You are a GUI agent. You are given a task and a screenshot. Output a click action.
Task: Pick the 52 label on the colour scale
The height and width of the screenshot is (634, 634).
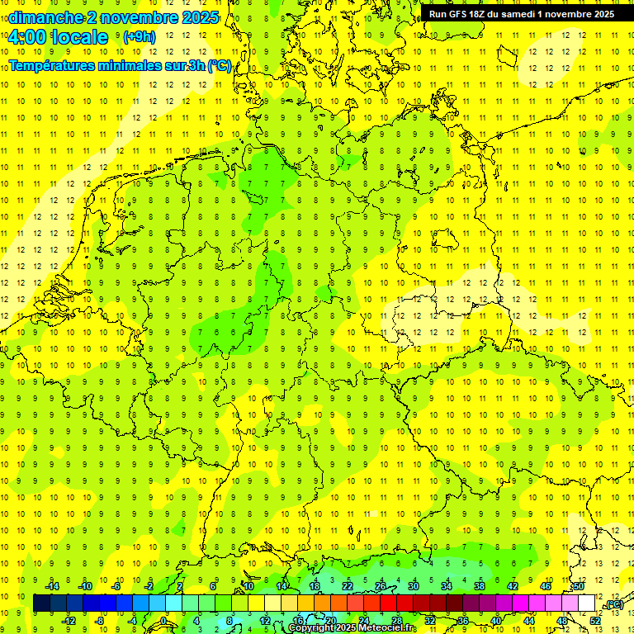(x=595, y=621)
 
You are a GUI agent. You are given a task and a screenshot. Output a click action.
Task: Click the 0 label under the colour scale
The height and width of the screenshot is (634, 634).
(x=163, y=621)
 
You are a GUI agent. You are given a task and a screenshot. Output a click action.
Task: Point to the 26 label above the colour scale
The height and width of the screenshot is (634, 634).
(x=381, y=586)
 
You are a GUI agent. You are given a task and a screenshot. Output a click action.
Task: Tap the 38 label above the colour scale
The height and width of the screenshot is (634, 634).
(x=480, y=586)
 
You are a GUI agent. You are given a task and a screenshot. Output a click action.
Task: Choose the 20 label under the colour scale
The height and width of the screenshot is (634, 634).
(x=330, y=621)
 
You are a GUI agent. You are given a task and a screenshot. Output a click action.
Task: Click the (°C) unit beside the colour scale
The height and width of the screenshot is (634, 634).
(x=613, y=605)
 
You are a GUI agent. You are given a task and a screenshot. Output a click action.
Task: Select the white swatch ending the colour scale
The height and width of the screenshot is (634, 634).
(x=587, y=603)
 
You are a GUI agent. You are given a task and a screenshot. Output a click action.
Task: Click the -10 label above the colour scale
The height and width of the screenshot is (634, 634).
(x=84, y=586)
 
